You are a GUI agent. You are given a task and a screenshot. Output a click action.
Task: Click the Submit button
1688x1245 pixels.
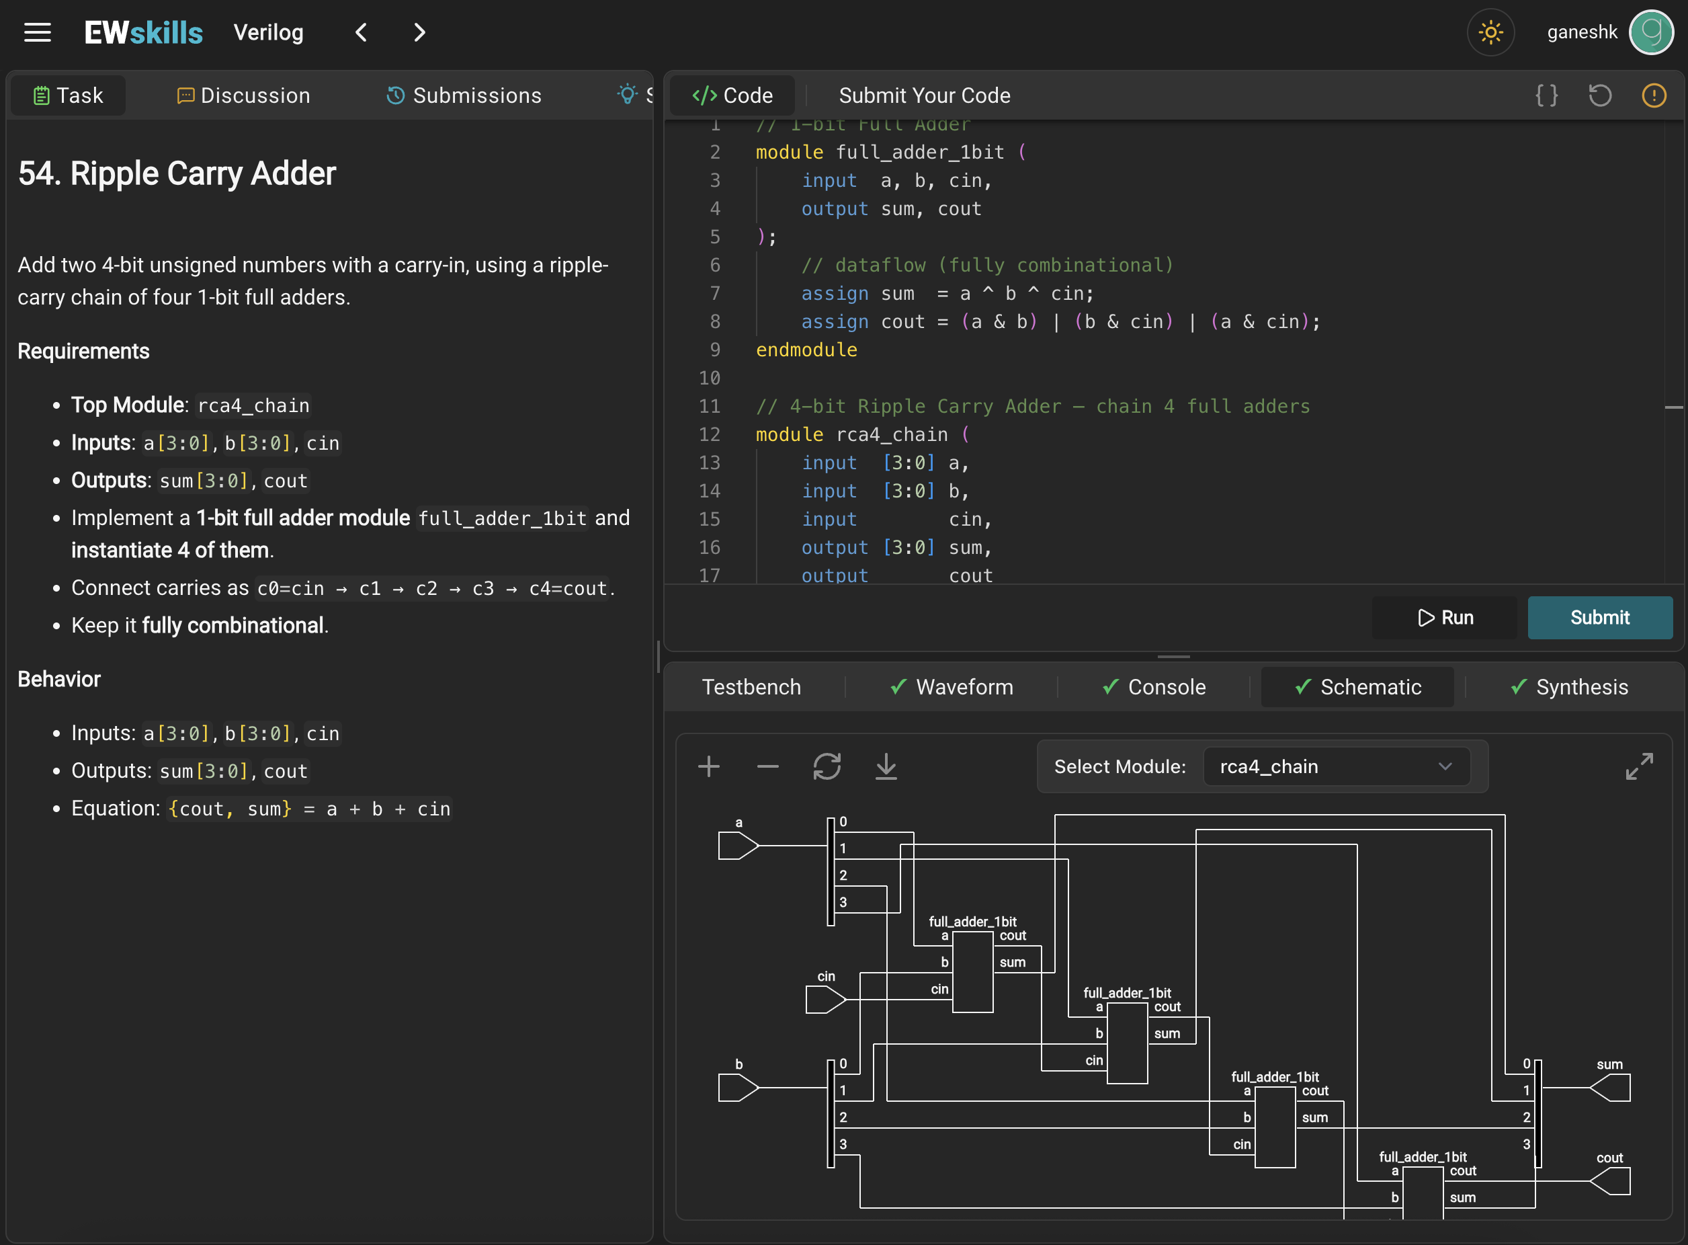point(1599,617)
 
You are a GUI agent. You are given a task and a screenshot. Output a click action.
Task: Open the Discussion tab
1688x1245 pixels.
point(243,95)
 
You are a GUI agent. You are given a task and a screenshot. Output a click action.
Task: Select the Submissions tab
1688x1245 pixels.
point(464,95)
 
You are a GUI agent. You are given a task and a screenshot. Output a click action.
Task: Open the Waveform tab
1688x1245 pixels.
point(952,686)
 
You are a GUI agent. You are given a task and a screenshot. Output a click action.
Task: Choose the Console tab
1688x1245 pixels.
point(1154,686)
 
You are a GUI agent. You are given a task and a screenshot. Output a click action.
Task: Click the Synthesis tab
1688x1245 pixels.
point(1569,686)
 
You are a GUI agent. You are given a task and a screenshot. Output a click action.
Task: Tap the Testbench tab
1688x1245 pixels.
point(751,686)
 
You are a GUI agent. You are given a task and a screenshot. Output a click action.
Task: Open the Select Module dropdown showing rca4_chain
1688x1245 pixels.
point(1337,766)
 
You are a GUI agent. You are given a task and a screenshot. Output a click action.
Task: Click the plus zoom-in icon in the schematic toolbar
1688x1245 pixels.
point(709,766)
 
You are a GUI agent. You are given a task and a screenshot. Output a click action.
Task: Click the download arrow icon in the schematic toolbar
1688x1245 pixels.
point(886,766)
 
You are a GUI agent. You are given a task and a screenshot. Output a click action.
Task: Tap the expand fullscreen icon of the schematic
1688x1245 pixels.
point(1639,766)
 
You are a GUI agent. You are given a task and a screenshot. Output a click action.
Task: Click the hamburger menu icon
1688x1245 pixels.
point(38,32)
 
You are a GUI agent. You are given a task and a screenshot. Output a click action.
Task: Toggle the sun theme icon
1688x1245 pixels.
point(1490,32)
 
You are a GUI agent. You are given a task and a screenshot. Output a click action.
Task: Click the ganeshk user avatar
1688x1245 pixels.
point(1651,32)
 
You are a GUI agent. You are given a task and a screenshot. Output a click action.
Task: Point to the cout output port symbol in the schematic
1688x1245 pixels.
point(1611,1181)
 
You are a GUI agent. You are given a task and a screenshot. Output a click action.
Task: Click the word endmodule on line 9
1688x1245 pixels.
point(806,350)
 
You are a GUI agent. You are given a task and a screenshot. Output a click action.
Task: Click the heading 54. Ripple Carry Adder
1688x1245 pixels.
point(177,173)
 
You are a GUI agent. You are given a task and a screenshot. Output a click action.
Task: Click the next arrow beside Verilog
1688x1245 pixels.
point(419,32)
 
